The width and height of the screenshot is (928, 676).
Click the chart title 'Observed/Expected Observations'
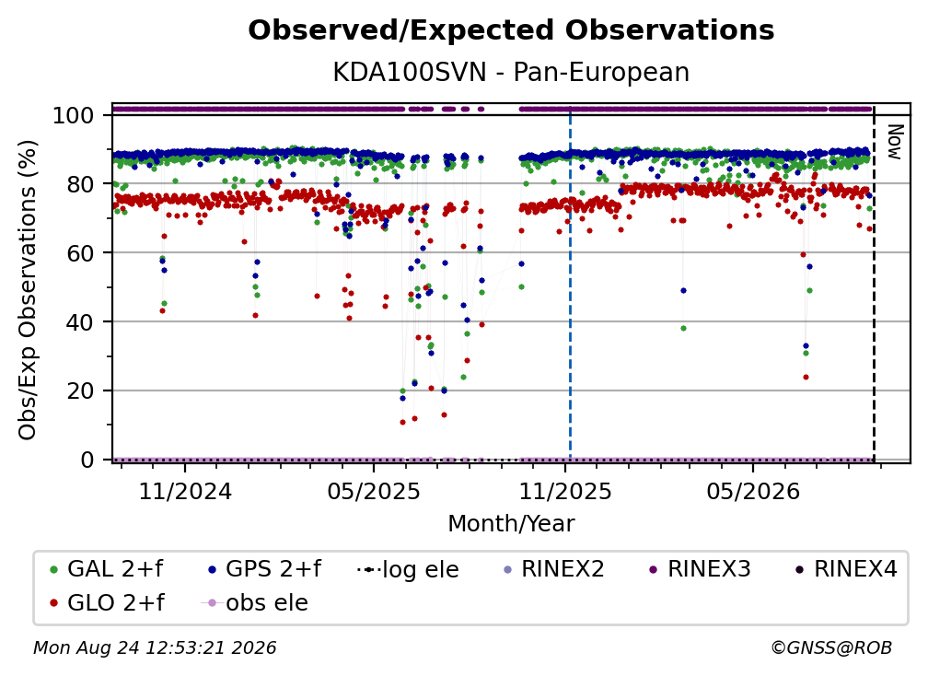coord(511,30)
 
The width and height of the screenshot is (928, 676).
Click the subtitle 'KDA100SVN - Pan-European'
coord(511,73)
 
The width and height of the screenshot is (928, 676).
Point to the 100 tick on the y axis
coord(73,115)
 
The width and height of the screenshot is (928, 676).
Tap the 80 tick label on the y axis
coord(80,184)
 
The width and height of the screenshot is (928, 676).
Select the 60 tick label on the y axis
coord(80,253)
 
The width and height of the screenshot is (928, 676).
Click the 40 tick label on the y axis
coord(80,322)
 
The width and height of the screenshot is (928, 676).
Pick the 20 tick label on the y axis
coord(80,391)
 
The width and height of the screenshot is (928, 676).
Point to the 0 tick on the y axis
coord(87,460)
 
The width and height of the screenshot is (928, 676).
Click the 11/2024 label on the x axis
coord(185,491)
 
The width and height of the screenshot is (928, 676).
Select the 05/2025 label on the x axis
coord(374,491)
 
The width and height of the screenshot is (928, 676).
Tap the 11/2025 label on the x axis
coord(565,491)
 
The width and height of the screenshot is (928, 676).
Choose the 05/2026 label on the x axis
coord(753,491)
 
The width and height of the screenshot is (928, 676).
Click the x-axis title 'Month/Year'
coord(511,524)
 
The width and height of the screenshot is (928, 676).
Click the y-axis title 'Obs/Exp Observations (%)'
coord(28,289)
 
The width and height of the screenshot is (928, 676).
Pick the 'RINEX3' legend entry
coord(700,569)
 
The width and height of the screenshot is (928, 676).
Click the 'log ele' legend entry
coord(409,569)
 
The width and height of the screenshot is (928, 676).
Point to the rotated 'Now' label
coord(896,142)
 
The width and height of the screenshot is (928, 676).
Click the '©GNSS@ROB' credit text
coord(831,648)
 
